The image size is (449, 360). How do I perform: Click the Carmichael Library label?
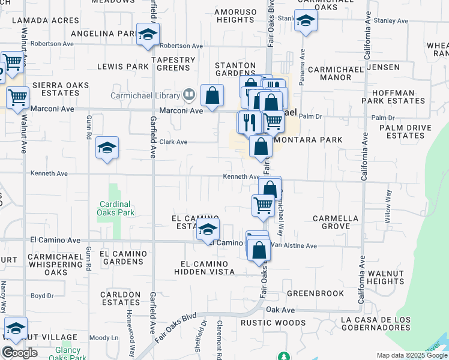tap(145, 95)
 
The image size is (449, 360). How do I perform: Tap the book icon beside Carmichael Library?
tap(189, 95)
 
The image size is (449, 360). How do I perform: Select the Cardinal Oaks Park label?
tap(115, 208)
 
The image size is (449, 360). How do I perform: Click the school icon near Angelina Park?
tap(147, 35)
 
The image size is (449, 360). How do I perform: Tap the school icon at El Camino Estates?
tap(208, 229)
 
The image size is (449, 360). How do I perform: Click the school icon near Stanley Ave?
tap(306, 22)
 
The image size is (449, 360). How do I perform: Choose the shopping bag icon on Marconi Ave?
tap(212, 95)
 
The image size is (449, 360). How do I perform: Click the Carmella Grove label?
tap(336, 223)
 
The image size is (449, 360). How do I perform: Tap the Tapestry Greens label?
tap(173, 64)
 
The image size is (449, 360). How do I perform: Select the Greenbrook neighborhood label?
tap(315, 293)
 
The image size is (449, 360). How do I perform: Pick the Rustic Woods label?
tap(273, 323)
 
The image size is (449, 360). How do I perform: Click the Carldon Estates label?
tap(121, 298)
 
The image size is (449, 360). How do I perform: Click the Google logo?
tap(19, 353)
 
